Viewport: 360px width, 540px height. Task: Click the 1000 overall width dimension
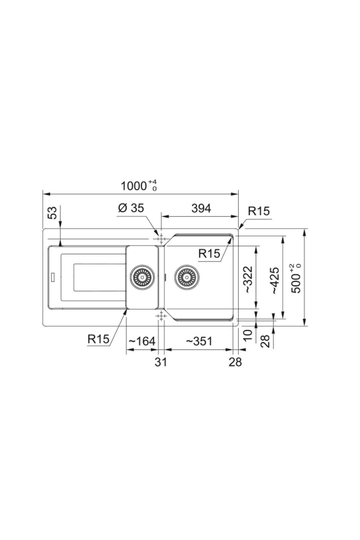pyautogui.click(x=139, y=186)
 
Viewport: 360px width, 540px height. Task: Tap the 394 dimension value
pyautogui.click(x=201, y=208)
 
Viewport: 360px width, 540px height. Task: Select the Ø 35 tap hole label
pyautogui.click(x=131, y=208)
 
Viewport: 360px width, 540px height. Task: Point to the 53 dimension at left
pyautogui.click(x=52, y=213)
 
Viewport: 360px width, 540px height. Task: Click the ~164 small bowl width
pyautogui.click(x=142, y=341)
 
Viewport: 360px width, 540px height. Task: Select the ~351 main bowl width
pyautogui.click(x=199, y=341)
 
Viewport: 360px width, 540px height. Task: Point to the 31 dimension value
pyautogui.click(x=161, y=362)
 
